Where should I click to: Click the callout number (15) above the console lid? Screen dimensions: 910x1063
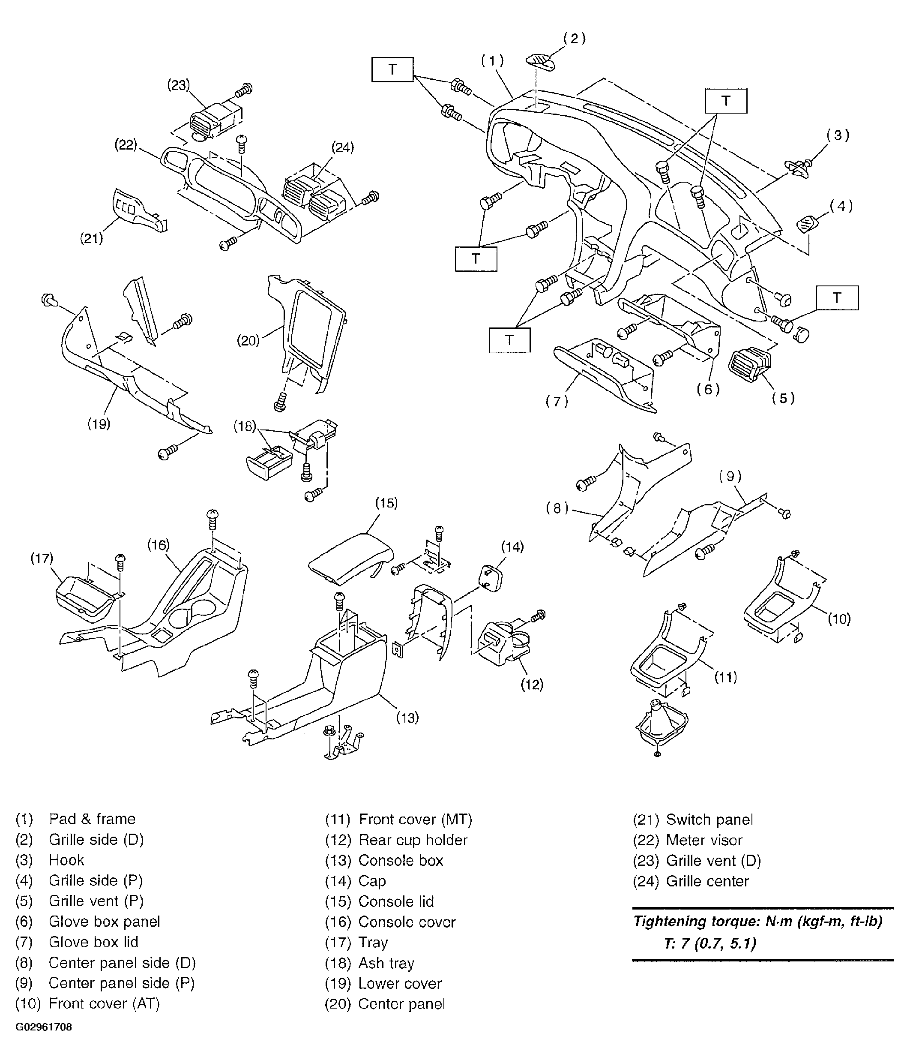(386, 503)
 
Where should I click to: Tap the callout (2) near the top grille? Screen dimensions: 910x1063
(574, 39)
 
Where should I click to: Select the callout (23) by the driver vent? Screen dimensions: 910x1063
(178, 85)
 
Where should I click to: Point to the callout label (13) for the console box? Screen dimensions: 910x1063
(407, 718)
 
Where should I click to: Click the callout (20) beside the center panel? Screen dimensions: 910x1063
(248, 341)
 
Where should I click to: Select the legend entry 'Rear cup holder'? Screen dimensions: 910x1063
(413, 840)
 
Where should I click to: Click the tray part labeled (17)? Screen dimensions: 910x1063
(86, 597)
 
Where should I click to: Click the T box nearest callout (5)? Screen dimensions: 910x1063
(837, 297)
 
